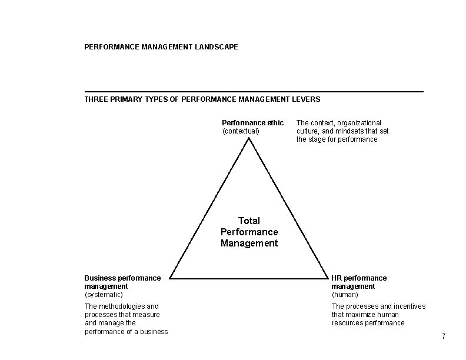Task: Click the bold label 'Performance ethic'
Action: point(252,123)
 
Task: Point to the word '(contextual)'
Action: point(241,131)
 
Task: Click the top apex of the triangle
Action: point(249,137)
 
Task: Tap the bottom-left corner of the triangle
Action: point(170,278)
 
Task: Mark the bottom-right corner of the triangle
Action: point(328,278)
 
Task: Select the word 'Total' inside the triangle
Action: point(249,221)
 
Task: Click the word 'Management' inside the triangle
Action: point(249,243)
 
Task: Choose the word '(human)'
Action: point(345,294)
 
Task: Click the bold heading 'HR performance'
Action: point(359,278)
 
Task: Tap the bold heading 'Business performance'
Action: point(122,278)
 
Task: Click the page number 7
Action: point(444,336)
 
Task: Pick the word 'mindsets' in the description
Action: point(354,131)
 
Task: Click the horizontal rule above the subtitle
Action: point(254,91)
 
